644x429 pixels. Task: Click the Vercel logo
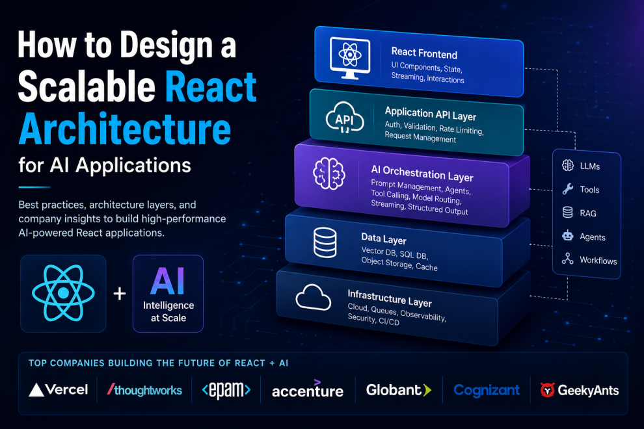(x=58, y=389)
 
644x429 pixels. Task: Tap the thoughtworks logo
(x=144, y=389)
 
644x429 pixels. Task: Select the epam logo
(x=226, y=389)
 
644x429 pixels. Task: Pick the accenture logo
(x=308, y=389)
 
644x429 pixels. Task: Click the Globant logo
(x=399, y=389)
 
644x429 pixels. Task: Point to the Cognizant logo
(x=487, y=390)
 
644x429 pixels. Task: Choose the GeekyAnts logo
(x=580, y=390)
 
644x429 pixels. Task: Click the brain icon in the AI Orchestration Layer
(x=329, y=174)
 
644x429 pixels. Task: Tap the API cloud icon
(x=345, y=118)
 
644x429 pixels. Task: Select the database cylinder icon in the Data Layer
(x=325, y=242)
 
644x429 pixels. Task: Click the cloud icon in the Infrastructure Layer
(x=314, y=297)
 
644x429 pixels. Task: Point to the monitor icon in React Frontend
(x=350, y=58)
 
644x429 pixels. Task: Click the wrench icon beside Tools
(x=568, y=189)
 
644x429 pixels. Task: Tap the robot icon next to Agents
(x=568, y=236)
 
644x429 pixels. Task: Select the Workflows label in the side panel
(x=598, y=260)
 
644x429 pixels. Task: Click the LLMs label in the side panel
(x=590, y=166)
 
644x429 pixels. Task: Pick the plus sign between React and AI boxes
(x=120, y=294)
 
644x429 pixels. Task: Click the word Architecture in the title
(x=125, y=129)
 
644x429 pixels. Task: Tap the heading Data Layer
(x=384, y=239)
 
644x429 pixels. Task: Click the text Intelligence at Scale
(x=168, y=311)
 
